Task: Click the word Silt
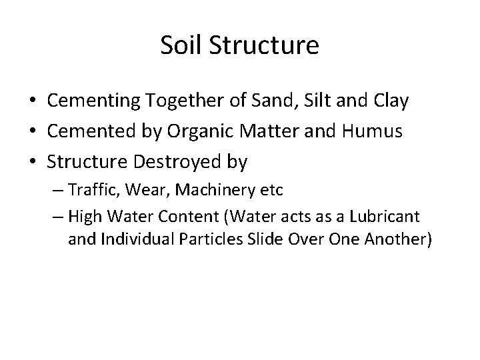click(x=321, y=101)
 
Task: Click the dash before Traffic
click(x=58, y=191)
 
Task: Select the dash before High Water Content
click(x=58, y=217)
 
